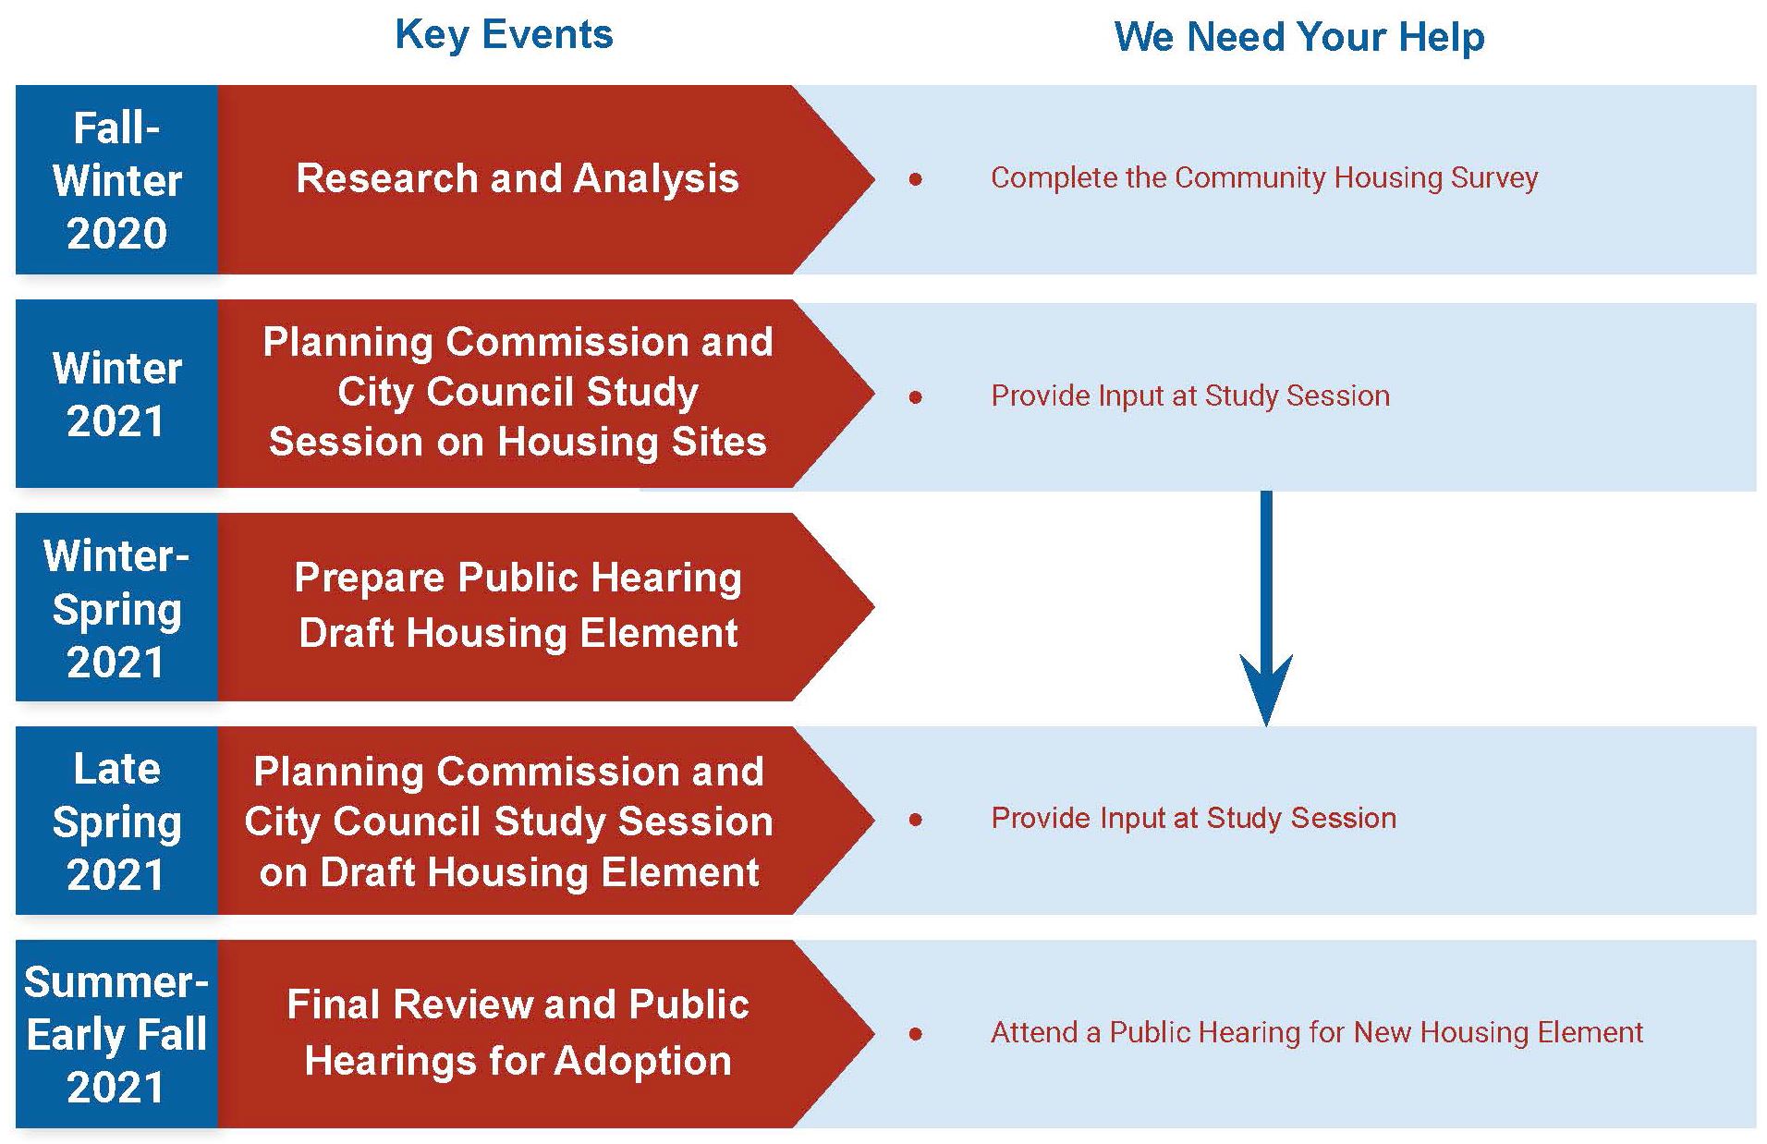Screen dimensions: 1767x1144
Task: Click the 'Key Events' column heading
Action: (x=504, y=35)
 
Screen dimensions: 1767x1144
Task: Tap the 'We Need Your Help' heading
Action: (x=1299, y=37)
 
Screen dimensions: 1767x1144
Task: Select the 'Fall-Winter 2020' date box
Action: (x=116, y=180)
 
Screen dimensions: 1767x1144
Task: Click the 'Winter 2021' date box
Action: (x=116, y=394)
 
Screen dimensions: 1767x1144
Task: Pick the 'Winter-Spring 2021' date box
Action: (x=116, y=607)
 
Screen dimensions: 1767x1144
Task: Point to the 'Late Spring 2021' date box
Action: (x=116, y=821)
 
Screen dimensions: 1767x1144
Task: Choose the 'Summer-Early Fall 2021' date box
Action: (x=116, y=1034)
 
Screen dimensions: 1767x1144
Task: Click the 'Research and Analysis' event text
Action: (x=518, y=178)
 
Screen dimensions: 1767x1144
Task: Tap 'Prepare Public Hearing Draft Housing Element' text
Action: (x=518, y=605)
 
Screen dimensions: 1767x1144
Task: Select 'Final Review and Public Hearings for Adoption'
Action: (x=518, y=1032)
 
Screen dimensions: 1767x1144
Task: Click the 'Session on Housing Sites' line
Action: (x=518, y=442)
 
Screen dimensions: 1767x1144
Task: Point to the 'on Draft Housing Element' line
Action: (x=509, y=872)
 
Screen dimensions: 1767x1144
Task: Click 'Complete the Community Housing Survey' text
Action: (x=1264, y=177)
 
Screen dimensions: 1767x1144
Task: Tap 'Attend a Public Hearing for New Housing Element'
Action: (x=1317, y=1032)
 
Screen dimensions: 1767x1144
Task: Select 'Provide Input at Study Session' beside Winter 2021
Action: (x=1190, y=396)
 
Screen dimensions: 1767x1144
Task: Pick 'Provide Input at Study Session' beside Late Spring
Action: (x=1193, y=818)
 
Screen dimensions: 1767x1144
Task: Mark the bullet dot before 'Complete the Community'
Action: (x=915, y=179)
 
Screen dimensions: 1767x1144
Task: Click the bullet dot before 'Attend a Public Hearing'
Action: (x=915, y=1034)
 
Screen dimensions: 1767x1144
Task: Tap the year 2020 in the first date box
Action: (x=116, y=233)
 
